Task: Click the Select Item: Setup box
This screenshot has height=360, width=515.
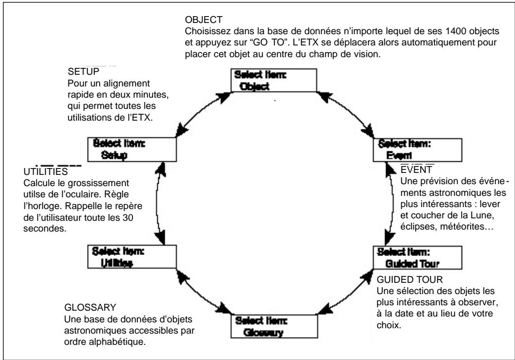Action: tap(118, 149)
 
